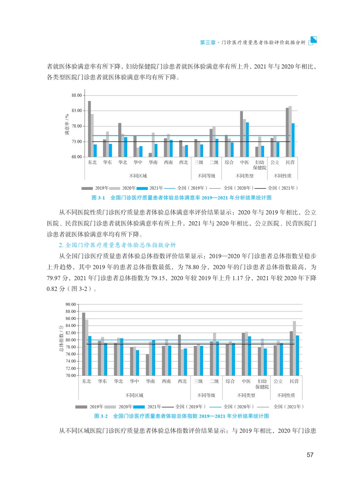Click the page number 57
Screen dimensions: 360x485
(310, 455)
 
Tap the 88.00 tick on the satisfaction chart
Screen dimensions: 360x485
(77, 95)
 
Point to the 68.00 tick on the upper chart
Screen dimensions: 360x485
(77, 157)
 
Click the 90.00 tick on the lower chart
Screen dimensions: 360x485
(70, 304)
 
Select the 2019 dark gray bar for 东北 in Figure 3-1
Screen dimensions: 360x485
(89, 129)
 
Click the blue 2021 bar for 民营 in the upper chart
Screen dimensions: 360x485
(293, 140)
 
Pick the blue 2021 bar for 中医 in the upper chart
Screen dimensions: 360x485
(247, 139)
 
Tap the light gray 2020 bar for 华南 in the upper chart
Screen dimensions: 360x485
(153, 144)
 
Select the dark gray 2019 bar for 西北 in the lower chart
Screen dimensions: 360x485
(179, 355)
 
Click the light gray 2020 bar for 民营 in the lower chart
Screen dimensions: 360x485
(294, 348)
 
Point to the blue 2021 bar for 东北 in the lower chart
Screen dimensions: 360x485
(90, 356)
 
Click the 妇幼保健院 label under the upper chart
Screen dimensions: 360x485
(260, 165)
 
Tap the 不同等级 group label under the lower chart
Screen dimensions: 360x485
(206, 395)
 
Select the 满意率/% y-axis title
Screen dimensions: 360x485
(67, 124)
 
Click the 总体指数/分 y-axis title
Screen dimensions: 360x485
(61, 338)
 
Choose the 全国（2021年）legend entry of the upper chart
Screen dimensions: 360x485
(277, 188)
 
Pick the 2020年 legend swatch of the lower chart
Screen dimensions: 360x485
(110, 407)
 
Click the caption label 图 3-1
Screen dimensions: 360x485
(98, 198)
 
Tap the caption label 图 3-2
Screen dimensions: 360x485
(101, 416)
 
